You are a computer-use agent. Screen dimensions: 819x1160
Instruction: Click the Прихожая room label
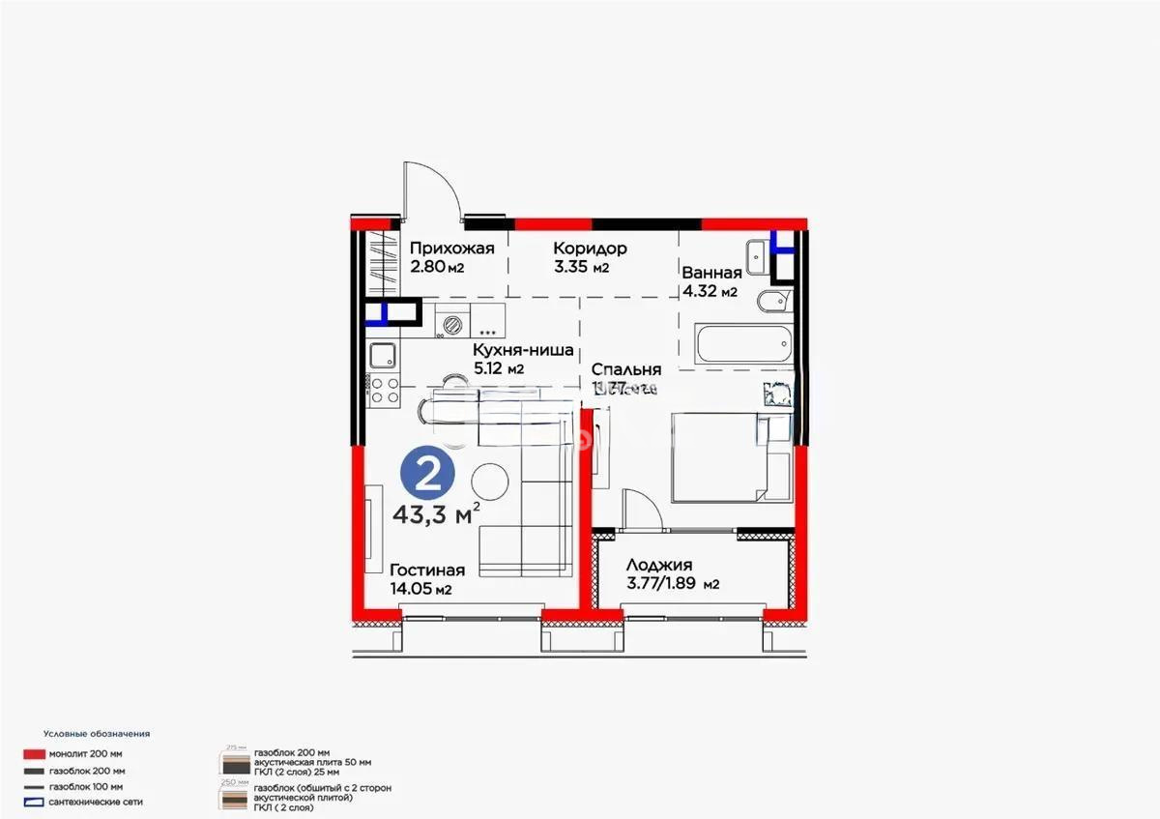[450, 249]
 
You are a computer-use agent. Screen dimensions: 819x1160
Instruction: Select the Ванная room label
[710, 273]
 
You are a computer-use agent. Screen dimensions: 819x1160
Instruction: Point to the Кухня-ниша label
[523, 351]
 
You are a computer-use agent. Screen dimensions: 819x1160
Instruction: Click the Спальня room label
[625, 369]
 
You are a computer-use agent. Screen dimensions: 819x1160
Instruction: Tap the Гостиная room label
[426, 570]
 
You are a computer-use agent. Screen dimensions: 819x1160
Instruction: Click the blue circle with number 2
[427, 473]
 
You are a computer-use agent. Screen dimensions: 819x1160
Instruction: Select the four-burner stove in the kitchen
[383, 391]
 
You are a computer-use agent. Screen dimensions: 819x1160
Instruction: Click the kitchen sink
[382, 356]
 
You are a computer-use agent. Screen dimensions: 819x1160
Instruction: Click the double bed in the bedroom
[720, 454]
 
